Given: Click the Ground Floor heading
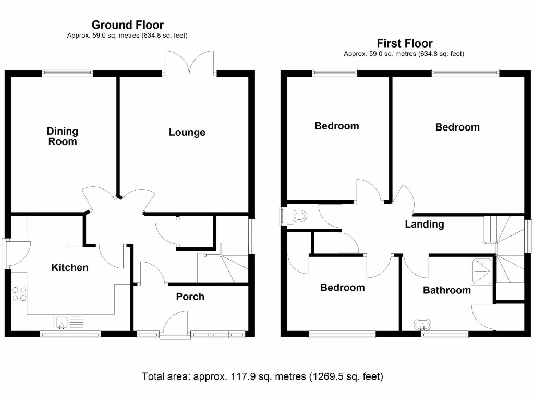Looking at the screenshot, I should (x=127, y=25).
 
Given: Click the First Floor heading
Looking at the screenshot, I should (x=404, y=43).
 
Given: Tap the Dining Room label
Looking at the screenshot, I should (x=63, y=136).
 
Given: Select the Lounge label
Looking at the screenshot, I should (x=187, y=133).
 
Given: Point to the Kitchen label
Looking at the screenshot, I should (x=70, y=268).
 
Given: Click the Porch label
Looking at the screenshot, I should (x=190, y=297).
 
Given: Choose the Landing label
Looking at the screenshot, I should (x=424, y=225).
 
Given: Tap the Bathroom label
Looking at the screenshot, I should (x=446, y=290).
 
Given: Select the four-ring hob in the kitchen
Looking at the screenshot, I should (x=19, y=294).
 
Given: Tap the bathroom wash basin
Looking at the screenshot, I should (x=422, y=325).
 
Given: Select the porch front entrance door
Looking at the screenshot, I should (x=175, y=326).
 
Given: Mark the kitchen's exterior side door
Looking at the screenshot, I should (x=16, y=253).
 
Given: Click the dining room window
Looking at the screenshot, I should (x=68, y=74).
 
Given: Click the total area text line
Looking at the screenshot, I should (x=263, y=376).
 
